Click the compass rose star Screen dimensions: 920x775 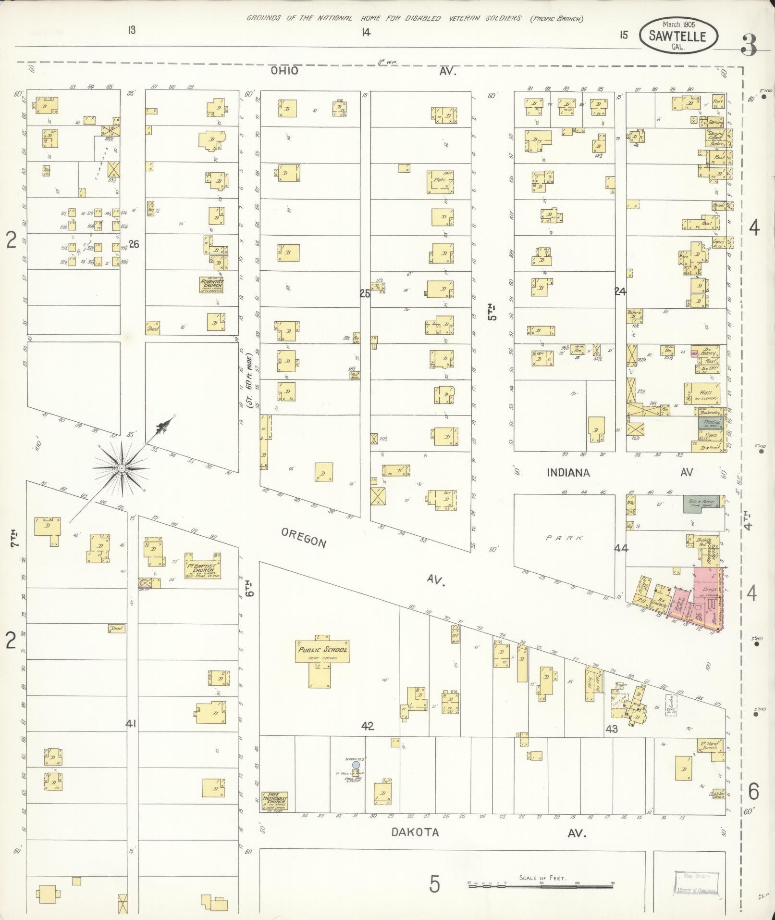(x=122, y=468)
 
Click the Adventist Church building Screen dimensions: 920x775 (x=211, y=285)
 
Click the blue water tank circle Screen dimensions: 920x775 (x=356, y=764)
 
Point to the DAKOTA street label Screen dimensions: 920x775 (x=415, y=832)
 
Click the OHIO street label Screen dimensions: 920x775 (x=284, y=71)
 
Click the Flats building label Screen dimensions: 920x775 (x=440, y=181)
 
